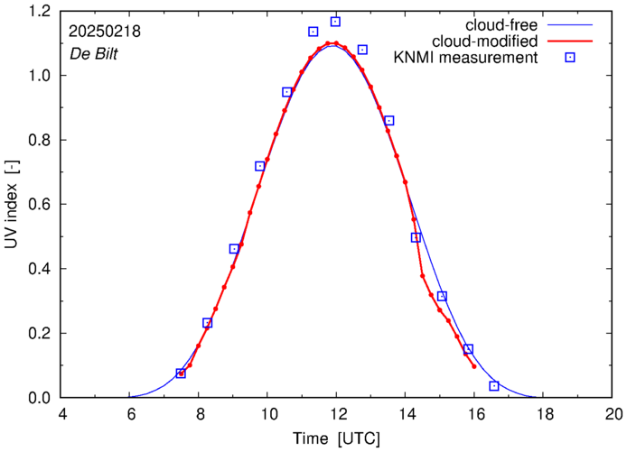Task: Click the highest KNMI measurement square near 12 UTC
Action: tap(335, 22)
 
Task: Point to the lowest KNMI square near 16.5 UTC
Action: tap(494, 386)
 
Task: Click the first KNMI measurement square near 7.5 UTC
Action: tap(181, 373)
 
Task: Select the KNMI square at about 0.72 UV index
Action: tap(260, 166)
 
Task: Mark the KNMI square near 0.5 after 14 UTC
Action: tap(416, 237)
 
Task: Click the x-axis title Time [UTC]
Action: tap(336, 439)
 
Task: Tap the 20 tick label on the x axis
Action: tap(613, 415)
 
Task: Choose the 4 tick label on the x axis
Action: tap(61, 415)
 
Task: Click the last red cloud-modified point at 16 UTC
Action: tap(474, 366)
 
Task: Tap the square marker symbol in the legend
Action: tap(570, 58)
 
